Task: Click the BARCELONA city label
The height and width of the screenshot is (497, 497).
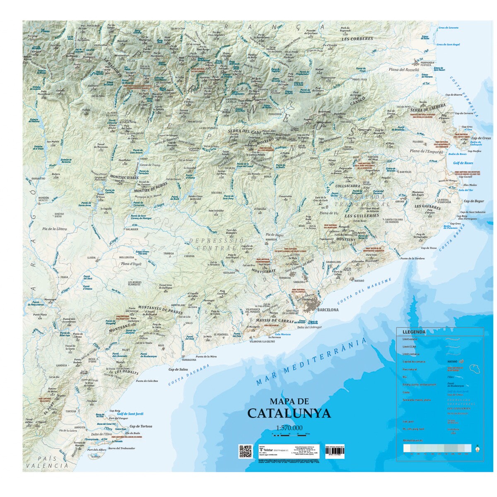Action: click(x=328, y=310)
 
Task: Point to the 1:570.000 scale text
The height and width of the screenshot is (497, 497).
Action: click(x=289, y=428)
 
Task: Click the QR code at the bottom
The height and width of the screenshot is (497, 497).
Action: click(x=246, y=451)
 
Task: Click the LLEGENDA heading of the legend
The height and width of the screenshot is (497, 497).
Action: click(x=414, y=332)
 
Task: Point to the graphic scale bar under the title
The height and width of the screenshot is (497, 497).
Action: click(x=290, y=434)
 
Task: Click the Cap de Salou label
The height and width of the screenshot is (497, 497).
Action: click(x=178, y=369)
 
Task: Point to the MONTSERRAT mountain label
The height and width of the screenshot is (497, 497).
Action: click(x=263, y=270)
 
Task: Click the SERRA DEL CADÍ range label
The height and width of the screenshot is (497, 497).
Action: click(x=244, y=131)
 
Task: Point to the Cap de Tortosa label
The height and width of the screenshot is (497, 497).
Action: click(x=141, y=426)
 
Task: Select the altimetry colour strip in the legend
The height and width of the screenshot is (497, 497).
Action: click(x=437, y=448)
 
